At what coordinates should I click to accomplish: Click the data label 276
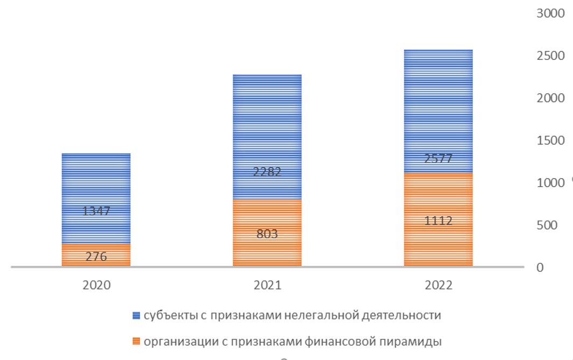96,257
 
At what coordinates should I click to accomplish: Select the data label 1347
96,211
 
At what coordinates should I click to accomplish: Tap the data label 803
267,234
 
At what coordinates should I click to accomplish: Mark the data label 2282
267,172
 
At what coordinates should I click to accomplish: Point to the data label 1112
438,221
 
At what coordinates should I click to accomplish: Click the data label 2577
438,159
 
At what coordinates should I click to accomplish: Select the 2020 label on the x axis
96,285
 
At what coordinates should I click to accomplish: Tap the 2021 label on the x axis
267,285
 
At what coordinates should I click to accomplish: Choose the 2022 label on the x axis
438,285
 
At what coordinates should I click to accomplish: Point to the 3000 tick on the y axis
550,13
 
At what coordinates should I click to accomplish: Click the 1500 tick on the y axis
550,140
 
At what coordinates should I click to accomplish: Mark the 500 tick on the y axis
550,225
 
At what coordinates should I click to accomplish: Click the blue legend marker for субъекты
136,316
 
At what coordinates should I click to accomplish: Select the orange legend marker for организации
136,341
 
